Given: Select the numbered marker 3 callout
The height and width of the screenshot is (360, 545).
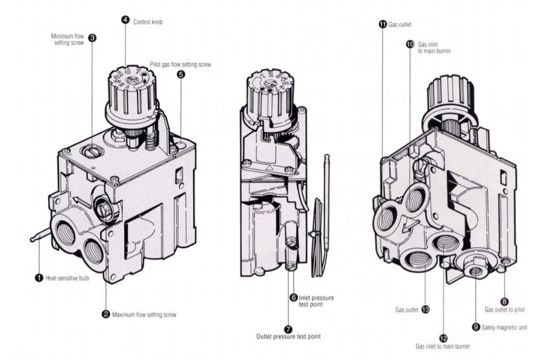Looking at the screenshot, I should coord(91,38).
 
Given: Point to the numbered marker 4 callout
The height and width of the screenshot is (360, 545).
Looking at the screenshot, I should coord(125,20).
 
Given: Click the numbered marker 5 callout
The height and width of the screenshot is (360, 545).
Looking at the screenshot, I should coord(181,74).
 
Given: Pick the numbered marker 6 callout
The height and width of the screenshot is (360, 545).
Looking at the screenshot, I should coord(294,298).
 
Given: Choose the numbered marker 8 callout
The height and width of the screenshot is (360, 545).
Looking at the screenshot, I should coord(504,300).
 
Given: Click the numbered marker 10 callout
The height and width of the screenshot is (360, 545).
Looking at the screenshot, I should coord(409,44).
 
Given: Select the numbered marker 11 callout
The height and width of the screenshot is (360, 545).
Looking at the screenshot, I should coord(382,24).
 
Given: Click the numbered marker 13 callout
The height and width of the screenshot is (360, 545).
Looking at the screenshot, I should coord(425,310).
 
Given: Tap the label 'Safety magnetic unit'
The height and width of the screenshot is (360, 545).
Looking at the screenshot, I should coord(506,327).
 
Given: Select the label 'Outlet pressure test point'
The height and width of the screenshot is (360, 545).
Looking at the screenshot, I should coord(288,336).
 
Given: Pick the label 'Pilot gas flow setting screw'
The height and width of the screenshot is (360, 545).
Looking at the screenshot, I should coord(180,64).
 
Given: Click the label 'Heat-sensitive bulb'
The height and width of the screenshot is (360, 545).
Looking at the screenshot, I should coord(68,278).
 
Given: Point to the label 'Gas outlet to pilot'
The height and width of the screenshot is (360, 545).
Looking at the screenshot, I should coord(504,310).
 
